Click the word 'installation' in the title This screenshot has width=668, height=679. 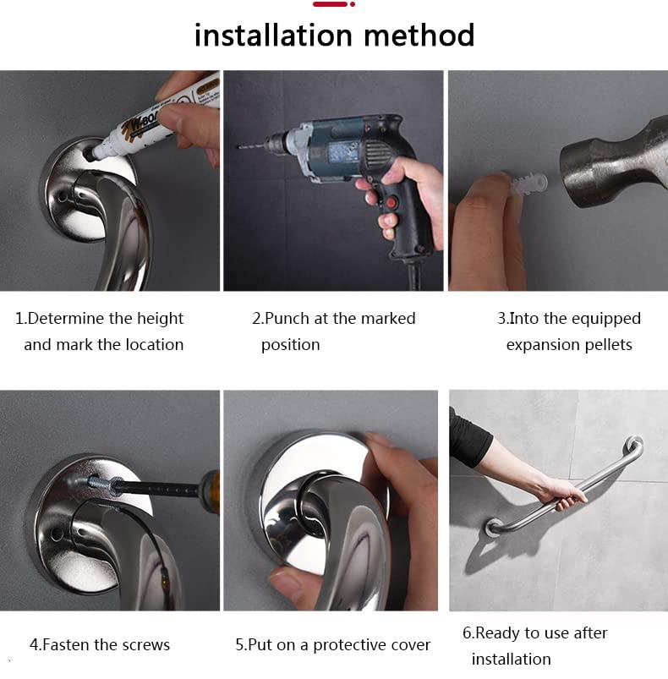[273, 36]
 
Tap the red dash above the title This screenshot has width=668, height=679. [330, 4]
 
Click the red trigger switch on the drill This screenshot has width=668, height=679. [390, 204]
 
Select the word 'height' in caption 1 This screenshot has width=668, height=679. [158, 319]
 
